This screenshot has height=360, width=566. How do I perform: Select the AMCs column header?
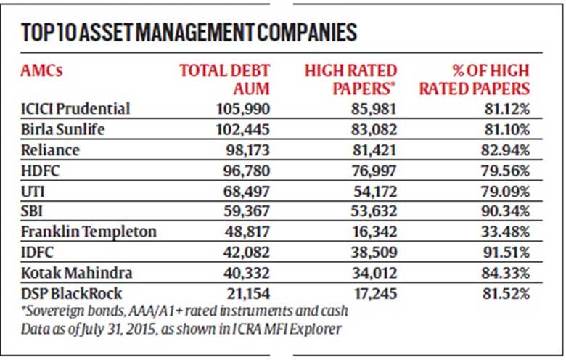coord(42,70)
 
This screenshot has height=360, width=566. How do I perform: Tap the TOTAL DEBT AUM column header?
coord(224,79)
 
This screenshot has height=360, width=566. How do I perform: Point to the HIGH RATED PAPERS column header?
coord(350,79)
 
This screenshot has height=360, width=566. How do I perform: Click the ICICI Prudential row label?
coord(75,109)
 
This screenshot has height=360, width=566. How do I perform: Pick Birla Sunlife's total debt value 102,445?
coord(242,130)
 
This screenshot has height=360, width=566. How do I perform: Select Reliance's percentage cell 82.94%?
coord(505,150)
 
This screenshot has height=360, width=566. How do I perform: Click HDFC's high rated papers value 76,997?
coord(374,171)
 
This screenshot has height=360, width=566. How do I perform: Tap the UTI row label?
coord(33,192)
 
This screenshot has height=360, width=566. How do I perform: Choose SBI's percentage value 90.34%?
coord(505,211)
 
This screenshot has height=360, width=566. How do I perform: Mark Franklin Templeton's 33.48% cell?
coord(505,232)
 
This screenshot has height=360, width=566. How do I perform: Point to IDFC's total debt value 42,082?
coord(247,253)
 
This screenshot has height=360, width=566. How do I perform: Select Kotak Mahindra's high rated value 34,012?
coord(374,273)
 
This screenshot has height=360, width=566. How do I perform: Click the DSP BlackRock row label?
coord(71,293)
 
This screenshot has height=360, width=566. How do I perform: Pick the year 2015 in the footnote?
coord(141,330)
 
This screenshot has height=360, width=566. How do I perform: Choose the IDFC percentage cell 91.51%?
coord(506,253)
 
